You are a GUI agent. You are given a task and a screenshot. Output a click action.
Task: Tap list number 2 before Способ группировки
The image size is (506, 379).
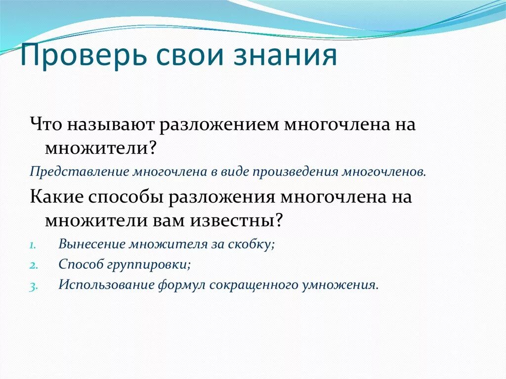(32, 265)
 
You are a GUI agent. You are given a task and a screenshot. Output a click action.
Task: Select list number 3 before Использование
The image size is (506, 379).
(32, 286)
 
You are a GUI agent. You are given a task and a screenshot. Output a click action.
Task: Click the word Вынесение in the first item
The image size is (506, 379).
(92, 244)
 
